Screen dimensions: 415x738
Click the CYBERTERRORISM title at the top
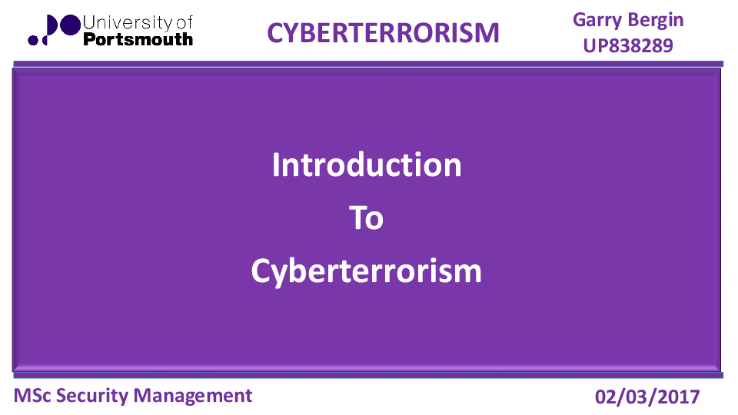383,32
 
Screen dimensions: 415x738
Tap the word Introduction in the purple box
367,165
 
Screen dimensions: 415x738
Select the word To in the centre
367,218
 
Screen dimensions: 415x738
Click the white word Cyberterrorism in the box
367,271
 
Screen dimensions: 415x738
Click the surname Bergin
656,20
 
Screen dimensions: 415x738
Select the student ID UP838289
628,46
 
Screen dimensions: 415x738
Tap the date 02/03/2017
648,397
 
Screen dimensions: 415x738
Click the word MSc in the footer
32,396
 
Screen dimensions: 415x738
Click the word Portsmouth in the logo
137,38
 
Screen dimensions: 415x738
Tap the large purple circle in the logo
68,26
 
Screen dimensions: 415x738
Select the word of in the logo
184,23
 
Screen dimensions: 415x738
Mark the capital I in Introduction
277,165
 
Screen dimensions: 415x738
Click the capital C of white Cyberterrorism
261,271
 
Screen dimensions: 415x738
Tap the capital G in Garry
580,20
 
